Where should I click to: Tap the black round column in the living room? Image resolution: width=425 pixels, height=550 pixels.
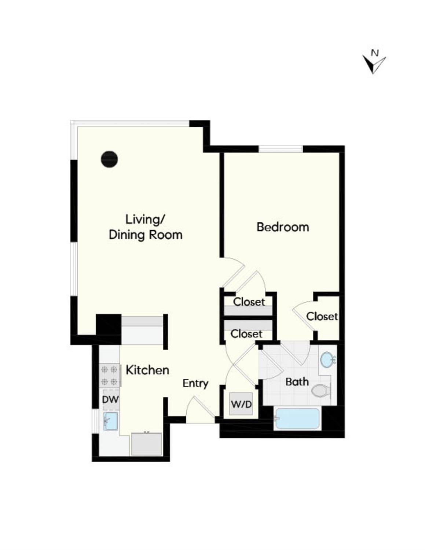click(x=109, y=159)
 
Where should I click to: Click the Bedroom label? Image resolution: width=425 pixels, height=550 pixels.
click(x=282, y=227)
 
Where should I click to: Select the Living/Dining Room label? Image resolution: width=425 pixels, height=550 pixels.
click(x=146, y=227)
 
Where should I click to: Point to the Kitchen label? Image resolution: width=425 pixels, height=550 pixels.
click(x=147, y=370)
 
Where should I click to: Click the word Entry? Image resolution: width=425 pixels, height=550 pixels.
click(x=195, y=383)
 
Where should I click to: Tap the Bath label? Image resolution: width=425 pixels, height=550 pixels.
click(x=297, y=382)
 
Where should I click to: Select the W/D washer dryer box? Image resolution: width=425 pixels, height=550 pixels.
click(x=241, y=404)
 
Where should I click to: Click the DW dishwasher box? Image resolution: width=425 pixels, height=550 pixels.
click(x=110, y=399)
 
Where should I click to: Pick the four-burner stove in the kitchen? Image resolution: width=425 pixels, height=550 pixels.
click(x=109, y=375)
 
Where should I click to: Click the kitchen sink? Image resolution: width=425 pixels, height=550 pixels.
click(x=110, y=421)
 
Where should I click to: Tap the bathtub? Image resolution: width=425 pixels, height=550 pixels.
click(x=297, y=419)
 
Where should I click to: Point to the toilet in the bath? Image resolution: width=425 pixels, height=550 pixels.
click(x=321, y=390)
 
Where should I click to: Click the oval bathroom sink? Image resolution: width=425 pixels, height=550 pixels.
click(x=326, y=360)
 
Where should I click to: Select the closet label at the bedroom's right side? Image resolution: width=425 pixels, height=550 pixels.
click(x=322, y=316)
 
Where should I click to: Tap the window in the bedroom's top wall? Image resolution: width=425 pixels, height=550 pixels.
click(x=281, y=149)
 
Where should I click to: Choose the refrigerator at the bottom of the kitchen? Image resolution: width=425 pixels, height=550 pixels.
click(x=147, y=444)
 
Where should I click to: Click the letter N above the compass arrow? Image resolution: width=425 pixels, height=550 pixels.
click(x=374, y=53)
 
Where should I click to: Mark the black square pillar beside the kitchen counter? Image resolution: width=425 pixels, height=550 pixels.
click(x=108, y=324)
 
